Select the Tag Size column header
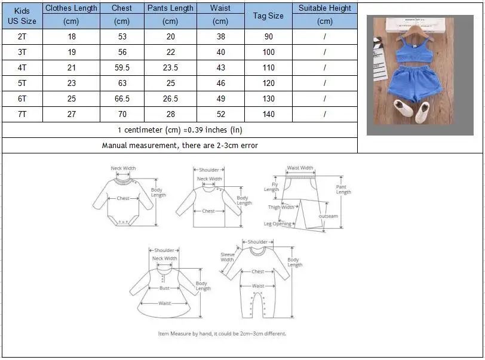[x=268, y=16]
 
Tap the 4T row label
[x=22, y=67]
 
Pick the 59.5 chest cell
[x=122, y=67]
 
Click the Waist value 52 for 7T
[x=220, y=114]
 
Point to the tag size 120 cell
[x=268, y=83]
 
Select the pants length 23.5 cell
[x=170, y=67]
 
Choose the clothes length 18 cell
[x=72, y=36]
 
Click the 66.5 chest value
[x=122, y=99]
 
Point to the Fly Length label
[x=271, y=187]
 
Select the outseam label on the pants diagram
[x=328, y=216]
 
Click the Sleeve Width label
[x=227, y=257]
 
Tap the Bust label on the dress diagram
[x=164, y=288]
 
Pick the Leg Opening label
[x=278, y=224]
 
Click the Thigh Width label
[x=281, y=207]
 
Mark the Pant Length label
[x=343, y=189]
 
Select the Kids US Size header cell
[x=22, y=16]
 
